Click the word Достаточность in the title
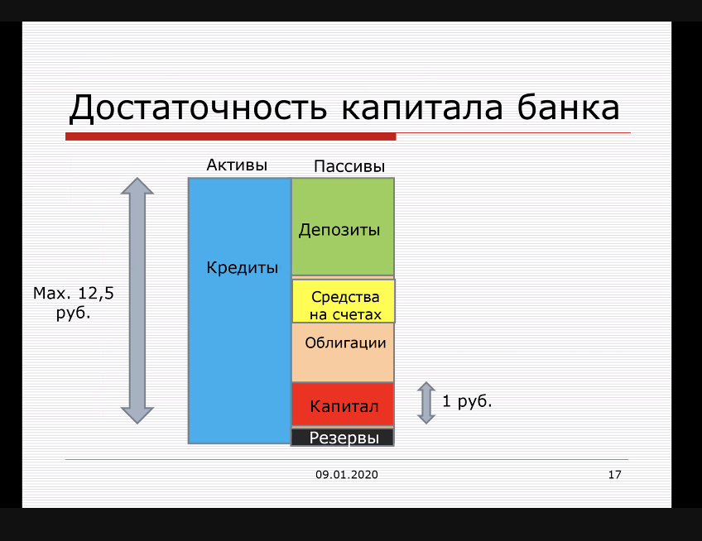[198, 108]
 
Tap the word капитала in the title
[422, 108]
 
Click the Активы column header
[237, 165]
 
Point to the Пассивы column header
[349, 166]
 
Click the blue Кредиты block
[239, 311]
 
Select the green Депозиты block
[343, 227]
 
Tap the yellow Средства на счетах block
[344, 301]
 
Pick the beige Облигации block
[343, 352]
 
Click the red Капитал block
[343, 404]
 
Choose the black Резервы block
[343, 438]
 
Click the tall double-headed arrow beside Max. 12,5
[137, 301]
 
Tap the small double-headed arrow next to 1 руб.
[426, 403]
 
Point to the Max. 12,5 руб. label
[74, 303]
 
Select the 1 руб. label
[467, 401]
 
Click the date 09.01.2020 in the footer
[347, 475]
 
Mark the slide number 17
[615, 475]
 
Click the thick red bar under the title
[231, 136]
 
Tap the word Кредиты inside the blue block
[243, 267]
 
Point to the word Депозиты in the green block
[339, 230]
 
